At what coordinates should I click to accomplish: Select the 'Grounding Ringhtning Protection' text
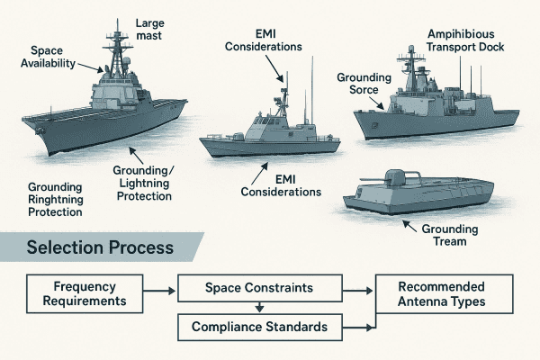(55, 200)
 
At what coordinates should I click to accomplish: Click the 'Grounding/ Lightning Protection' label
(149, 177)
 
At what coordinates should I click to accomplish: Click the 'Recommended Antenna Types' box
(443, 294)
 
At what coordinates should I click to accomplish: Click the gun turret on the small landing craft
(396, 177)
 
